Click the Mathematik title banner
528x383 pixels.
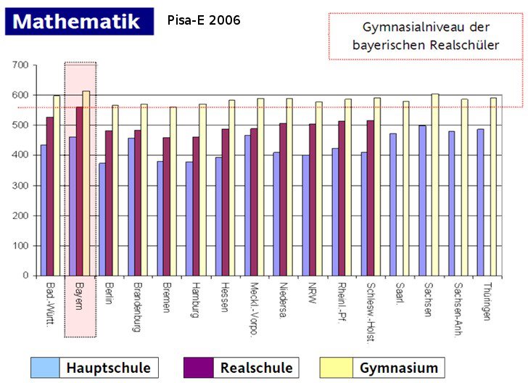point(79,21)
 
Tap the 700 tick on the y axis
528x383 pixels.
point(20,65)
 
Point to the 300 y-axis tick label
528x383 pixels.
point(20,186)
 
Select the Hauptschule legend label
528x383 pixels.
point(108,368)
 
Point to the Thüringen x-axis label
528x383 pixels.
point(487,300)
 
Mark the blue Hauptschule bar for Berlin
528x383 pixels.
point(102,219)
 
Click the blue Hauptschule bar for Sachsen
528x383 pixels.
point(422,200)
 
